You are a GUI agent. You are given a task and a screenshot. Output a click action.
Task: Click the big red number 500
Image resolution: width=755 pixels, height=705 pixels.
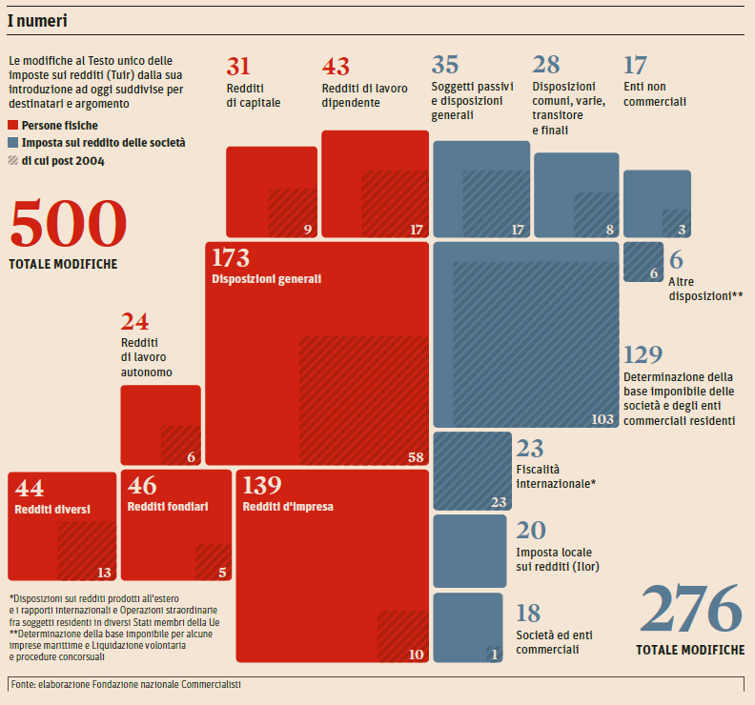(x=68, y=225)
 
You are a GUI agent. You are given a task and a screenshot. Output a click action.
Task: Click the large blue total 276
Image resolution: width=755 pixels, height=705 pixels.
(x=691, y=610)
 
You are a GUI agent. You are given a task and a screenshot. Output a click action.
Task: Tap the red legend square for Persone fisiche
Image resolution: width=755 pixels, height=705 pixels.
(x=12, y=125)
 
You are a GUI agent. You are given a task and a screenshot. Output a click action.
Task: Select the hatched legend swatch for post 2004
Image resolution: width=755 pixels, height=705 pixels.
(x=12, y=160)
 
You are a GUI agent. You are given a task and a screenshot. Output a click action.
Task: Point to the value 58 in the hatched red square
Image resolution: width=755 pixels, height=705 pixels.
(x=415, y=457)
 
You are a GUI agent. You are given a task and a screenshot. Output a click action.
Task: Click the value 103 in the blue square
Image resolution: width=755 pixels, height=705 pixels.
(x=602, y=418)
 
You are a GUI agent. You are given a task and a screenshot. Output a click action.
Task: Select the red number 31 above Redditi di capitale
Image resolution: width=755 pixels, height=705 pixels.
(x=238, y=66)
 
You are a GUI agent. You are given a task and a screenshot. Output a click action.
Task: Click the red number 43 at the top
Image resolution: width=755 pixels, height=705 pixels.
(x=336, y=66)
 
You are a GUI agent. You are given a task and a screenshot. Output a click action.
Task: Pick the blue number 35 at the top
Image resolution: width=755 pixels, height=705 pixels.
(x=445, y=65)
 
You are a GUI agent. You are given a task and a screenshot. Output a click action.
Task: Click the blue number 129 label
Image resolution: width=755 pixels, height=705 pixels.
(x=643, y=355)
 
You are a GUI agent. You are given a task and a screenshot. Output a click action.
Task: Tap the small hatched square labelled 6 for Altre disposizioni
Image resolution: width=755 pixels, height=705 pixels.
(x=643, y=261)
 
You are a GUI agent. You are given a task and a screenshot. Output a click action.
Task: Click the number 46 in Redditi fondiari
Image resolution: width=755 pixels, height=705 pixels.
(x=142, y=487)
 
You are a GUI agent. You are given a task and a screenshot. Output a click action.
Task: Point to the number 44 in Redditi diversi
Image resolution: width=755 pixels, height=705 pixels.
(x=30, y=488)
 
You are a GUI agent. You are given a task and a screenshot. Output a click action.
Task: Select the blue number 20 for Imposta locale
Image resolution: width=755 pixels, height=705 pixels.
(x=530, y=531)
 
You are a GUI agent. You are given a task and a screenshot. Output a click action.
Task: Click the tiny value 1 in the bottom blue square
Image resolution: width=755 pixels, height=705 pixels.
(x=494, y=654)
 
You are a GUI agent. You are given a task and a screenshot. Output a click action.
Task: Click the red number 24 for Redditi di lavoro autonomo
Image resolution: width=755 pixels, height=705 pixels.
(x=134, y=322)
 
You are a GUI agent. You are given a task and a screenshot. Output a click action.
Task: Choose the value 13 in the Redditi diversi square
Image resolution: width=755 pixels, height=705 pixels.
(x=103, y=573)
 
